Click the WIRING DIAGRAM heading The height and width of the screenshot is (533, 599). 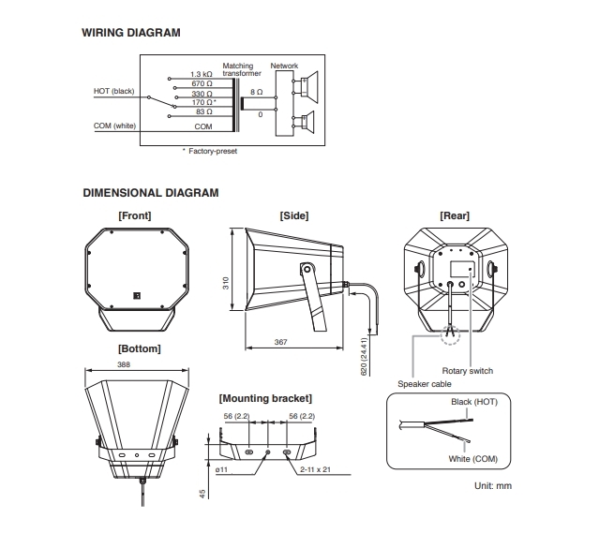coord(131,33)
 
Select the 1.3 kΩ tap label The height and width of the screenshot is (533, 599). coord(201,74)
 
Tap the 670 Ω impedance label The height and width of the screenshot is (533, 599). coord(203,83)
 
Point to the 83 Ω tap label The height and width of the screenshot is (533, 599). coord(204,112)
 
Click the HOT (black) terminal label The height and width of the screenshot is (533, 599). coord(114,91)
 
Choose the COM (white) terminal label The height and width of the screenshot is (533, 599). coord(114,125)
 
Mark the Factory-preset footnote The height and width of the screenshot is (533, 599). coord(209,150)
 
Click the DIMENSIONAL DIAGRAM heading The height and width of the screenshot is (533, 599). coord(151,193)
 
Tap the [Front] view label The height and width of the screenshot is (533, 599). coord(134,215)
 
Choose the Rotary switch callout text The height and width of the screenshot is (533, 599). coord(468,371)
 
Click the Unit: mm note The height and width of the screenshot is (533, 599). coord(493,485)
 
